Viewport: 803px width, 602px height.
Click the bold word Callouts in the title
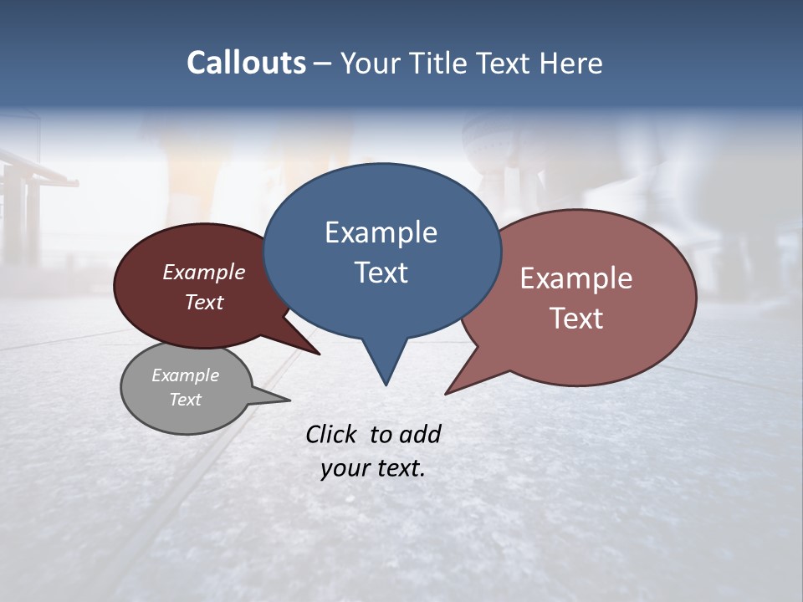(246, 63)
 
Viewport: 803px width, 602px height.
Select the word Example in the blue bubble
(381, 232)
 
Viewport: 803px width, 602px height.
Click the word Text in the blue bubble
(381, 273)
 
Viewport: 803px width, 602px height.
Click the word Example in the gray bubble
(185, 375)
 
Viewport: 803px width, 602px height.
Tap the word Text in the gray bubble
(185, 400)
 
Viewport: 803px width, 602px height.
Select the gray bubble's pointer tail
(272, 397)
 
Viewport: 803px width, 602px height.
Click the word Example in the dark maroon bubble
(204, 272)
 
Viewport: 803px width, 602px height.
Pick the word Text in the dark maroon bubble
(204, 302)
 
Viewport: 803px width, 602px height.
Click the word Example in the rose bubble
(576, 278)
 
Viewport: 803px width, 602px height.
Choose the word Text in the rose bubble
(576, 319)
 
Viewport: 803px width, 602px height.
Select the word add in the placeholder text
(421, 434)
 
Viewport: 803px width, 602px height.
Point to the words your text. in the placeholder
(373, 468)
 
